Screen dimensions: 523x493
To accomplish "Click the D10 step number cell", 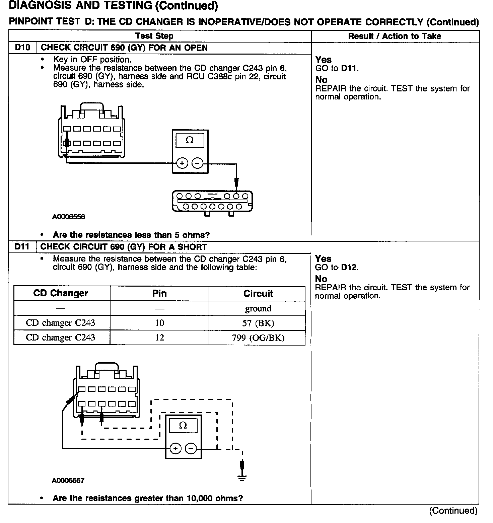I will (x=22, y=48).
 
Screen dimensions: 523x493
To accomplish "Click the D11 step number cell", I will (x=22, y=247).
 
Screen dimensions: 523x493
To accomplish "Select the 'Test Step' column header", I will (x=154, y=36).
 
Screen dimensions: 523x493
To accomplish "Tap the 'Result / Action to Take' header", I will (x=395, y=36).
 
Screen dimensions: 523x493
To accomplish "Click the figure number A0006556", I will (x=68, y=217).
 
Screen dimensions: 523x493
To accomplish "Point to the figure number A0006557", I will (x=68, y=480).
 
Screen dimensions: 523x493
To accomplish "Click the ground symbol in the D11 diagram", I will (x=242, y=478).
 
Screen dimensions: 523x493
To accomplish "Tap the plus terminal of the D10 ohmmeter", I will (x=182, y=163).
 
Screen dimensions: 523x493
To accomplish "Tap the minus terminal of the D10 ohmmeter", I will (x=197, y=163).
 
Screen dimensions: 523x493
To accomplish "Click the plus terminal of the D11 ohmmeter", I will (x=175, y=448).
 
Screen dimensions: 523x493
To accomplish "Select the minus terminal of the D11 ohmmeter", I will (x=191, y=448).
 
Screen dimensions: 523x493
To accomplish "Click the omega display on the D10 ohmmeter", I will (x=190, y=140).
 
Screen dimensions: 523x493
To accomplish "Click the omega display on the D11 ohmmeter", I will (x=183, y=426).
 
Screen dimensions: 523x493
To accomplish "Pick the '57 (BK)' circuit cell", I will (x=258, y=323).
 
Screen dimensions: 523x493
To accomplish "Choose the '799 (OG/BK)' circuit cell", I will (x=258, y=338).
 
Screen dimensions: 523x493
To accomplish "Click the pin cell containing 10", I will (x=159, y=323).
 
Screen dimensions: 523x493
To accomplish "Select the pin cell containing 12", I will (x=159, y=338).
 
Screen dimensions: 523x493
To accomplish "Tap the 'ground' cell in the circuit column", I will (x=258, y=308).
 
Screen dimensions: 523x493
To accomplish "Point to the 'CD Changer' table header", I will (x=61, y=293).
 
